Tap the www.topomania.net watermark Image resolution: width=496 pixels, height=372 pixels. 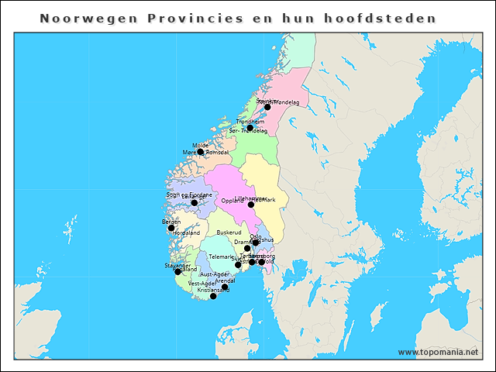(x=438, y=352)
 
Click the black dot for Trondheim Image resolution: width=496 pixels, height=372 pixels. (x=250, y=129)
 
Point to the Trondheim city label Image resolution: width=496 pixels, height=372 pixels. (x=250, y=122)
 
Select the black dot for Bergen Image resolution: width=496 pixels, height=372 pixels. (x=171, y=228)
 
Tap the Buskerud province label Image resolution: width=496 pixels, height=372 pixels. (x=229, y=232)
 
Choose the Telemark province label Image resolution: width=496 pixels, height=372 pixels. (x=221, y=256)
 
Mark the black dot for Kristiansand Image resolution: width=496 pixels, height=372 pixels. (x=214, y=296)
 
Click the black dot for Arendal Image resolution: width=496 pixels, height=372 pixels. (x=225, y=287)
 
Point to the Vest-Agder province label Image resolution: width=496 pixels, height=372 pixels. (x=202, y=284)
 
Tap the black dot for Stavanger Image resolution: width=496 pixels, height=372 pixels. (x=177, y=271)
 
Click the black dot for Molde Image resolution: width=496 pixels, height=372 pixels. (x=201, y=151)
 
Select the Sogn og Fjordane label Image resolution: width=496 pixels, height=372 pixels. (x=188, y=195)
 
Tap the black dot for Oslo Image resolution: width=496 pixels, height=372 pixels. (x=255, y=243)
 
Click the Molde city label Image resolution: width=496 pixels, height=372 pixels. (x=201, y=145)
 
